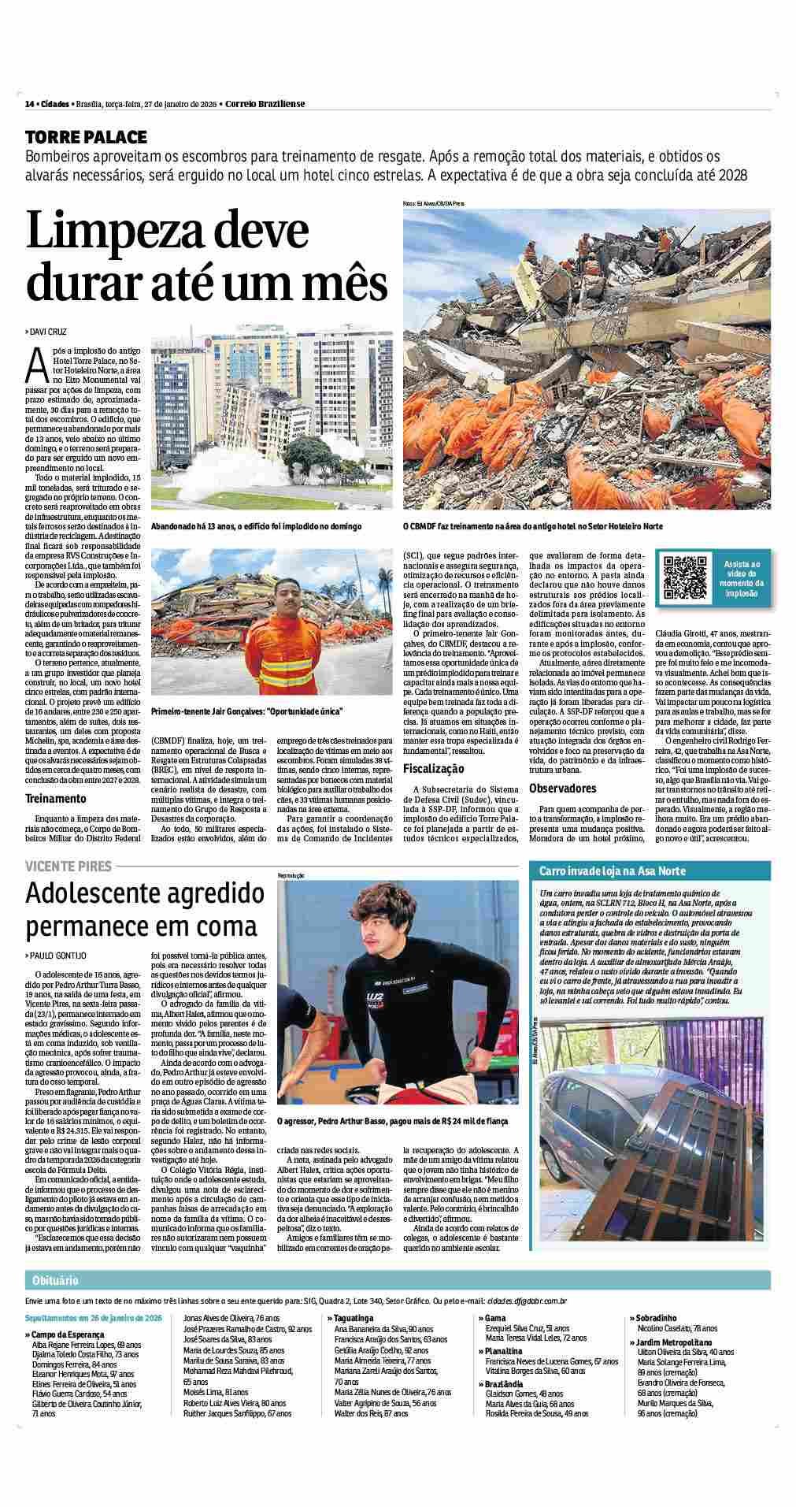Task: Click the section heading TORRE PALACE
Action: coord(86,135)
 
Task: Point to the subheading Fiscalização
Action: coord(435,768)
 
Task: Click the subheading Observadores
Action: coord(562,789)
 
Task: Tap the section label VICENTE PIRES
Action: coord(68,866)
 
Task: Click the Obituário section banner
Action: coord(54,1280)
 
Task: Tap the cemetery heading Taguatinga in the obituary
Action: coord(354,1317)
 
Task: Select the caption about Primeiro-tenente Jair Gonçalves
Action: coord(246,710)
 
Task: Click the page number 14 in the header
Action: coord(29,104)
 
